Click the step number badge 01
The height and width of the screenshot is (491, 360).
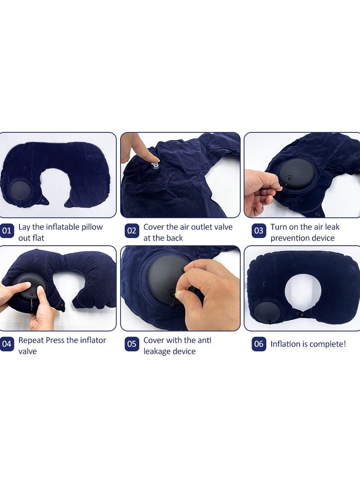pyautogui.click(x=7, y=232)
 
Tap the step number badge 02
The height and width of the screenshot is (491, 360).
pyautogui.click(x=132, y=232)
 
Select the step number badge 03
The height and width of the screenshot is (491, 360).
pyautogui.click(x=259, y=232)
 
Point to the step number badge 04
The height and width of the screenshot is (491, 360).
pyautogui.click(x=7, y=345)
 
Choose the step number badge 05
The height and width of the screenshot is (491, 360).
pyautogui.click(x=132, y=345)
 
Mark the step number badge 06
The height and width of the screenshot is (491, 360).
pyautogui.click(x=259, y=344)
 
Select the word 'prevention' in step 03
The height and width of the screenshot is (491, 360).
pyautogui.click(x=289, y=238)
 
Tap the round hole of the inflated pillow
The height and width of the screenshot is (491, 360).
pyautogui.click(x=303, y=288)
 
